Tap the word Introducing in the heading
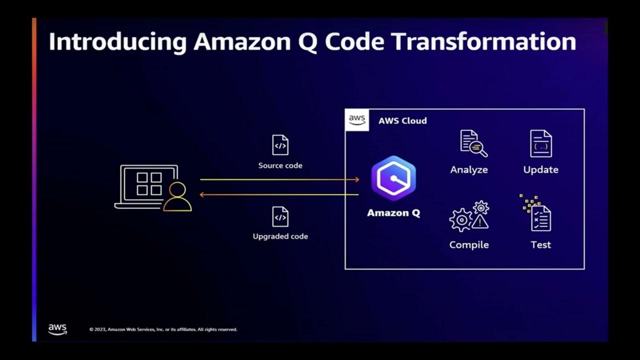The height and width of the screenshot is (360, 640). point(117,42)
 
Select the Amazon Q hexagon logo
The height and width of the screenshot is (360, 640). point(393,178)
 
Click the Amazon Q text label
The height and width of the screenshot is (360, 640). point(393,213)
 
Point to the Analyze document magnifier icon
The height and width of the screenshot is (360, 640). point(473,143)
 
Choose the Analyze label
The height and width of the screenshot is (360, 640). point(469,170)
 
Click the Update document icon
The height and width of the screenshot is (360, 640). point(541,144)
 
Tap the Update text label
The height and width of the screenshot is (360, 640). point(540,170)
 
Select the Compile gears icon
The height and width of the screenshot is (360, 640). point(469,216)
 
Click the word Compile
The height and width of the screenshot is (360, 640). point(469,245)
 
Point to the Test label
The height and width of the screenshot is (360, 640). point(540,245)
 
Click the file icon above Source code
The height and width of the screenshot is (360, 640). point(280,145)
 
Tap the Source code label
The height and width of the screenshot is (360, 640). point(280,165)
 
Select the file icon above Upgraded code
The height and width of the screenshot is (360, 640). point(280,216)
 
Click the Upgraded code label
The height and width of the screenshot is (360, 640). point(280,236)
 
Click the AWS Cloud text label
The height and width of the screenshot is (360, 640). point(402,121)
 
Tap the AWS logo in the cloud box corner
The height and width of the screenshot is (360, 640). point(357,120)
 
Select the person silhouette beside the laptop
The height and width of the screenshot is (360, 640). point(177,197)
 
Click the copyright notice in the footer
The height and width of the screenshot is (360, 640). point(163,329)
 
